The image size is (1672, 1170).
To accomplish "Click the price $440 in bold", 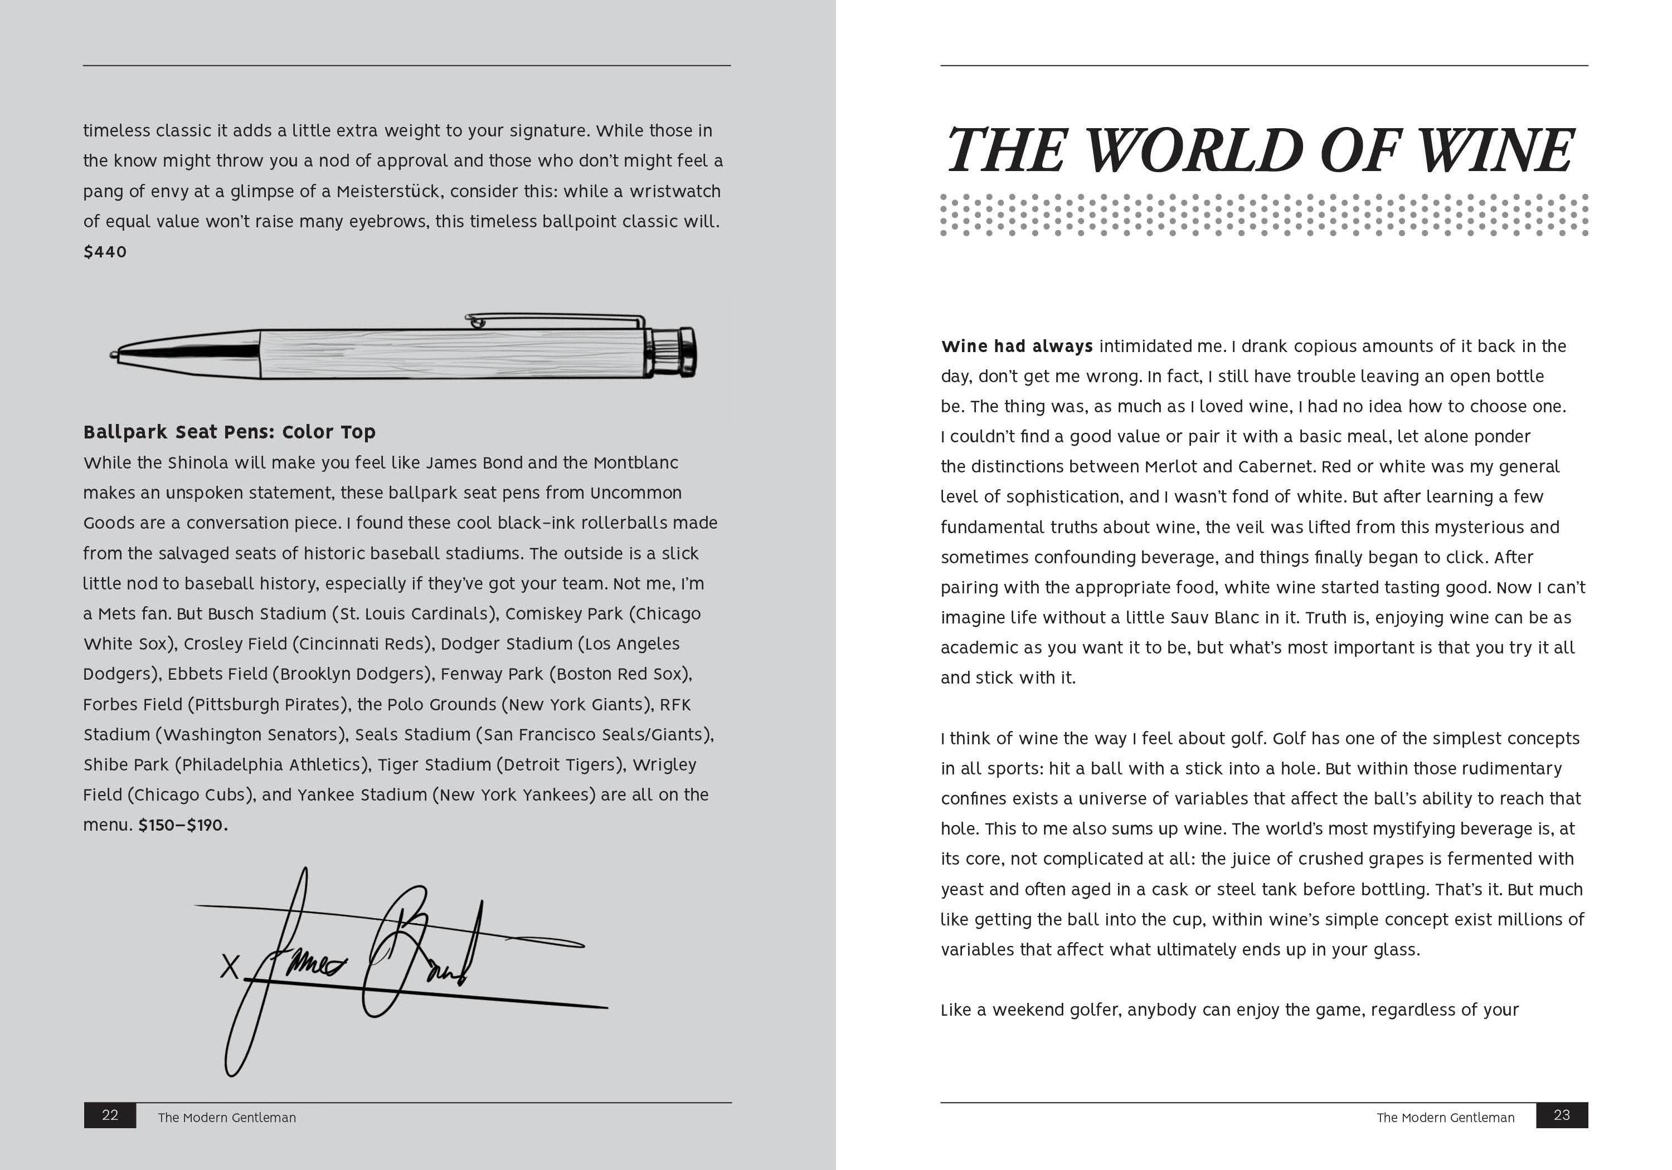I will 105,252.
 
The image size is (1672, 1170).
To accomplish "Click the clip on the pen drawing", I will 553,318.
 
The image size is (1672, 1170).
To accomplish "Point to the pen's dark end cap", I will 686,352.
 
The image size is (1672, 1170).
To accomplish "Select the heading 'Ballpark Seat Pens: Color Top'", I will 230,432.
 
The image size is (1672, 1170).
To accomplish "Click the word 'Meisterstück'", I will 390,192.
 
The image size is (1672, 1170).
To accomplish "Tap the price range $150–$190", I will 183,826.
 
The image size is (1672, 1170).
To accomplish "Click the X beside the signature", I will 230,967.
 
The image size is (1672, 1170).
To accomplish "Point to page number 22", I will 110,1115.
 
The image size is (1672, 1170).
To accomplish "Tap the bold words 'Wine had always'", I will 1017,347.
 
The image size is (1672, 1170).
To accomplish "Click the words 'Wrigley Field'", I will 664,765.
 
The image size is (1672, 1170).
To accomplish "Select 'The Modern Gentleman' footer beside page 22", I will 226,1118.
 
